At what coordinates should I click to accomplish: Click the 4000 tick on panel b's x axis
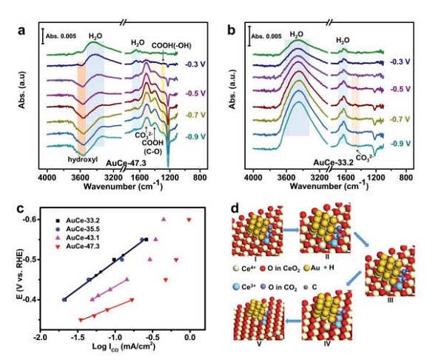pyautogui.click(x=253, y=179)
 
